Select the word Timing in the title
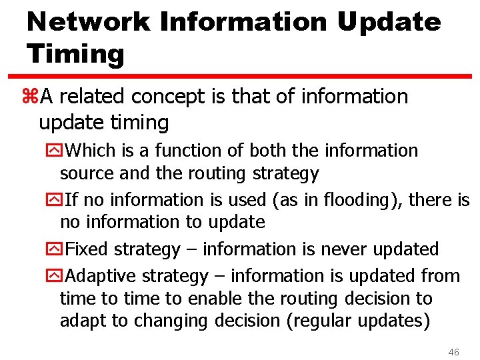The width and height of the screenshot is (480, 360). [75, 54]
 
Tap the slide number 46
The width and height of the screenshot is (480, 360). [454, 351]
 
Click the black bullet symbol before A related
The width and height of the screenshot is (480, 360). [32, 97]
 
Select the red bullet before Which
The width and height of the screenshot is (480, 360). [53, 151]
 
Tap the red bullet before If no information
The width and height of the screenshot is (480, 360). [53, 199]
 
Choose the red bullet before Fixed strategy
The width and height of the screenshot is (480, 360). [53, 249]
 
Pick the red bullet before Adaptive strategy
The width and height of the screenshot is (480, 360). [53, 276]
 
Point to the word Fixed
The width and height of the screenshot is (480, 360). [89, 249]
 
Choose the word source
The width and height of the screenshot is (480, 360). [87, 173]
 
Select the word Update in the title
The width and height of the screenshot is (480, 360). [389, 22]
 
